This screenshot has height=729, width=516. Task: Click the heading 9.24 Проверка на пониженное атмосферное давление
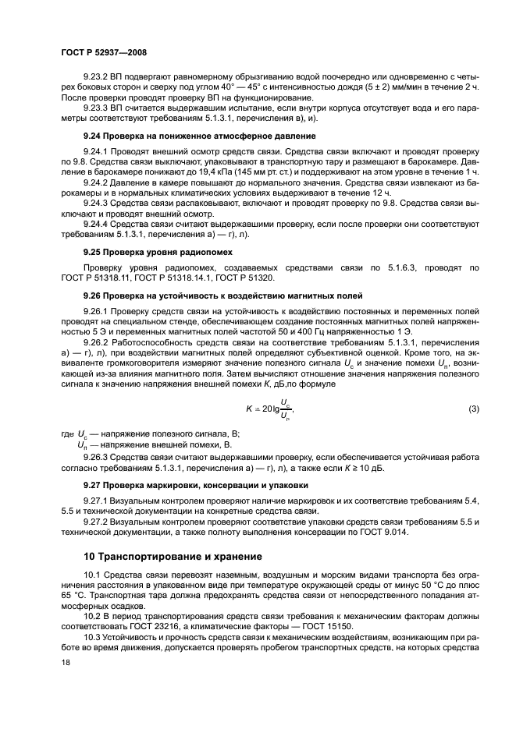click(189, 136)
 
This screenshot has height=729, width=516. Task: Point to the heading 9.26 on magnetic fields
click(211, 296)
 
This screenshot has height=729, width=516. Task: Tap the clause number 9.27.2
click(97, 521)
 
